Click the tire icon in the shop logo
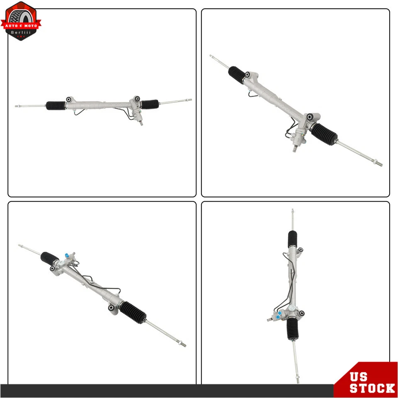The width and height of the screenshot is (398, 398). [21, 15]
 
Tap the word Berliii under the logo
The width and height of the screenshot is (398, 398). [21, 32]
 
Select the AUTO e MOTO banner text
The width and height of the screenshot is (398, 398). [21, 26]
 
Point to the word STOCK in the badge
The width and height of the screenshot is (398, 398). [372, 388]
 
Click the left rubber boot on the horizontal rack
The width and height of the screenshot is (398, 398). [55, 105]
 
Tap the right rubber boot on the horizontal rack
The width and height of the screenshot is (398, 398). [150, 104]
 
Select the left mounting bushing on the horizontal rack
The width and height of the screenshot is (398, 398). [68, 99]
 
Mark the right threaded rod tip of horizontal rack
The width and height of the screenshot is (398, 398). [189, 100]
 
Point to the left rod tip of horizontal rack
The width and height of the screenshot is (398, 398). [17, 107]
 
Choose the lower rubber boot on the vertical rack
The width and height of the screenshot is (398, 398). [292, 328]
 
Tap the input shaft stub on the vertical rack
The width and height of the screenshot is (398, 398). [270, 319]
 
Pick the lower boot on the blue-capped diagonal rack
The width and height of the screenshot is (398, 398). [133, 312]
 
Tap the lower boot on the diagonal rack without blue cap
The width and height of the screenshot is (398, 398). [324, 133]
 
